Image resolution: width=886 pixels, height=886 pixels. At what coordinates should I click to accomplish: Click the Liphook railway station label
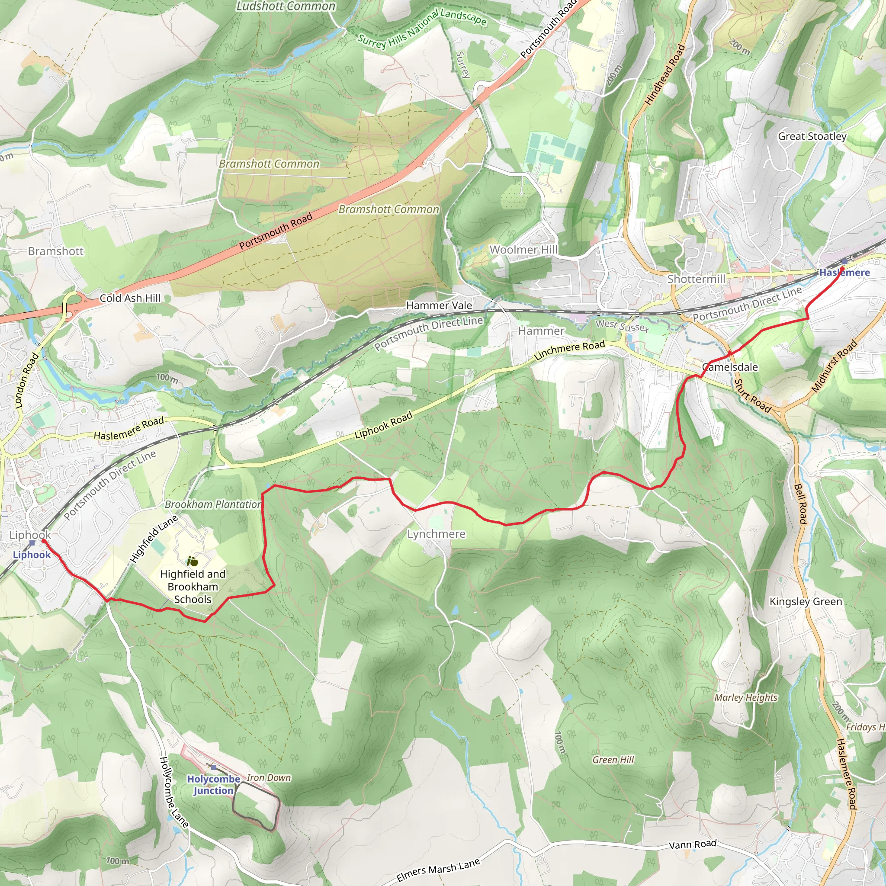(32, 555)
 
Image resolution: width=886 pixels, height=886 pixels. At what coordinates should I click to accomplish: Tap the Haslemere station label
(844, 273)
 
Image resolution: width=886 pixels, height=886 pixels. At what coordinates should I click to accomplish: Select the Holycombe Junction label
(213, 785)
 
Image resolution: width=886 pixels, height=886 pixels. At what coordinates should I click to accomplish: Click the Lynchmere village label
(436, 534)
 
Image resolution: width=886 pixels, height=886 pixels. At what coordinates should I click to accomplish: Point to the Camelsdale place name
(730, 367)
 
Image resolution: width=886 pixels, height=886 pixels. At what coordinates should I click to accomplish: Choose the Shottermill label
(696, 279)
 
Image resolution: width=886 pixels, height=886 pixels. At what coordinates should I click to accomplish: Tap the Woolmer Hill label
(524, 250)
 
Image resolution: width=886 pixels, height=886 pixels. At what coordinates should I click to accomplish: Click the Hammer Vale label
(439, 305)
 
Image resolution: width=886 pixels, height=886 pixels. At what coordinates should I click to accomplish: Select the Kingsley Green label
(806, 601)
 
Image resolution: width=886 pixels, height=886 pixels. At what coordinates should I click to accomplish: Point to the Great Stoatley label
(812, 136)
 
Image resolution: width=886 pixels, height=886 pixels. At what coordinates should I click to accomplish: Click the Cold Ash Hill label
(130, 298)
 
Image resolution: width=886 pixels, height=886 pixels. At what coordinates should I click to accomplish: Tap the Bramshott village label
(56, 251)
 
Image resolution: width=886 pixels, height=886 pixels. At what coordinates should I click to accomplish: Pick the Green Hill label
(613, 760)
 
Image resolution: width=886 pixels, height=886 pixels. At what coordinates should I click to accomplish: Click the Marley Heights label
(746, 697)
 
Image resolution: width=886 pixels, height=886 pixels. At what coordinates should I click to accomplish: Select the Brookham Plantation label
(213, 504)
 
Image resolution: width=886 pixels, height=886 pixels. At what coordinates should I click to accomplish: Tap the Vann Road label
(693, 845)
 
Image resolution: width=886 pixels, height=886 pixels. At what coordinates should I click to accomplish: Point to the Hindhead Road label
(665, 75)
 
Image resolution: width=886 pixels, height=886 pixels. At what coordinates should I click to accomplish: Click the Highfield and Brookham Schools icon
(192, 561)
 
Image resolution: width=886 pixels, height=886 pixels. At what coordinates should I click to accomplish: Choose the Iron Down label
(269, 778)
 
